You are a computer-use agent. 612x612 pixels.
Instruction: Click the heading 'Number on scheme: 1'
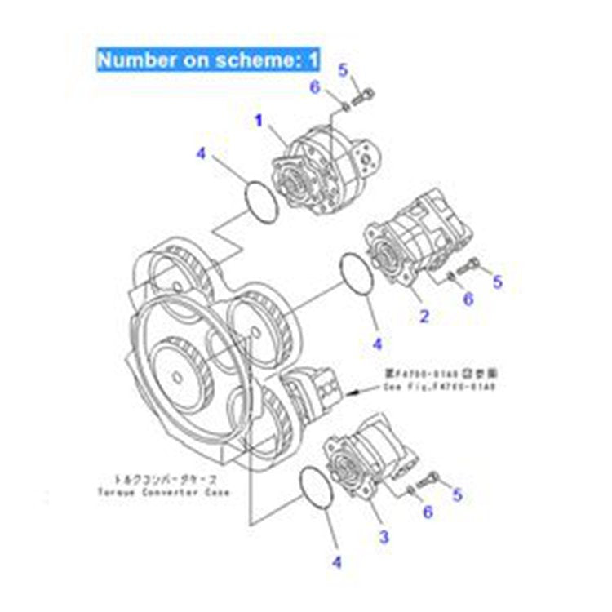pos(207,60)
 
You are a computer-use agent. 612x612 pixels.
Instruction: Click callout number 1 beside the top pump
pos(258,121)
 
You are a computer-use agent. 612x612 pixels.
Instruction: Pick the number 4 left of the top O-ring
pos(200,153)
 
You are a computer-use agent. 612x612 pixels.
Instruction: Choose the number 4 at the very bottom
pos(338,561)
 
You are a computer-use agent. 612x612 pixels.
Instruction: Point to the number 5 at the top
pos(344,72)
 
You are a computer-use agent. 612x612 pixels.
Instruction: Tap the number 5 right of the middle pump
pos(498,282)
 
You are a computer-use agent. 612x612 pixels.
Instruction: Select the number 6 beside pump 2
pos(468,299)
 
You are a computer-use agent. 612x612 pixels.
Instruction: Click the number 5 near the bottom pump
pos(457,494)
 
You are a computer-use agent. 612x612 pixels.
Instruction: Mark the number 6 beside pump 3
pos(428,512)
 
